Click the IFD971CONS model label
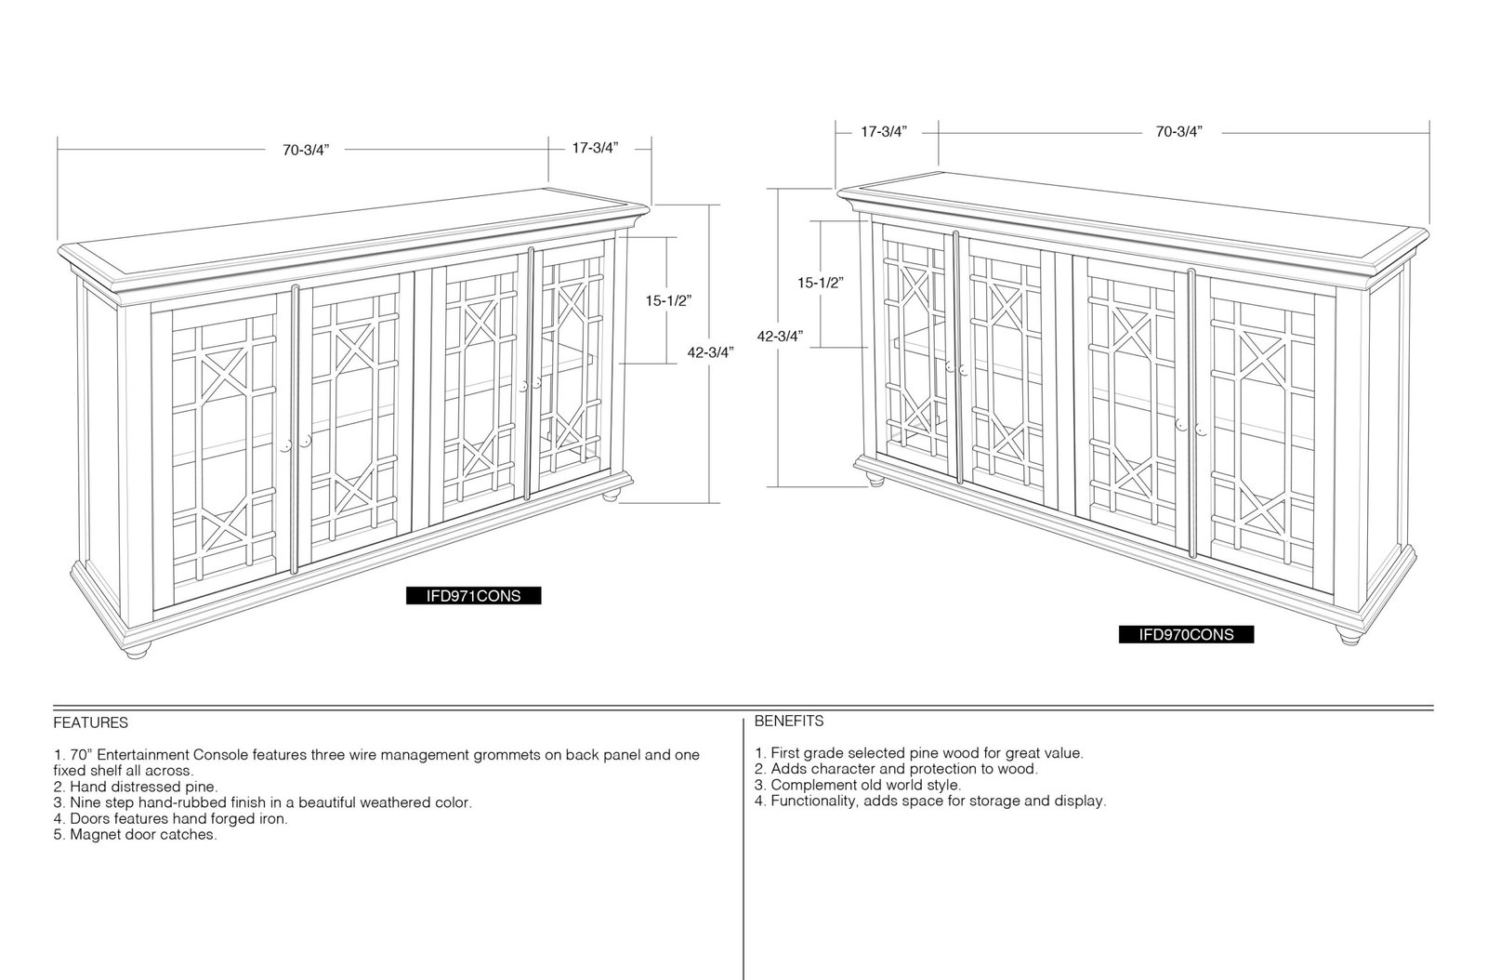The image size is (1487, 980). click(x=473, y=596)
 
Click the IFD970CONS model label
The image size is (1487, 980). click(x=1186, y=635)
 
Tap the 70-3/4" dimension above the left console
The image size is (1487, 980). click(x=306, y=150)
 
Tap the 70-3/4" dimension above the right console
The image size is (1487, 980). click(x=1179, y=131)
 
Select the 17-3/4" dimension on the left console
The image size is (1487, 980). click(x=596, y=148)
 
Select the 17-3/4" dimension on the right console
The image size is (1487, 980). click(x=884, y=131)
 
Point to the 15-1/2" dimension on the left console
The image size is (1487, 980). click(x=668, y=300)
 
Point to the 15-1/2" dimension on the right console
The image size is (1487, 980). click(x=821, y=283)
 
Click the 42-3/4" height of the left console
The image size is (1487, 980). click(x=710, y=352)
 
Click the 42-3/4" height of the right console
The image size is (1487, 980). click(x=780, y=336)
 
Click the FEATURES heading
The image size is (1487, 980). click(x=91, y=722)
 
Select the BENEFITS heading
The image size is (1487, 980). click(x=789, y=722)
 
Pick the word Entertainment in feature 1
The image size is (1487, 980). click(x=143, y=755)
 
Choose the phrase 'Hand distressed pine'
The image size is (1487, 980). click(x=142, y=787)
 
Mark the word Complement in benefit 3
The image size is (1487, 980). click(x=808, y=785)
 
